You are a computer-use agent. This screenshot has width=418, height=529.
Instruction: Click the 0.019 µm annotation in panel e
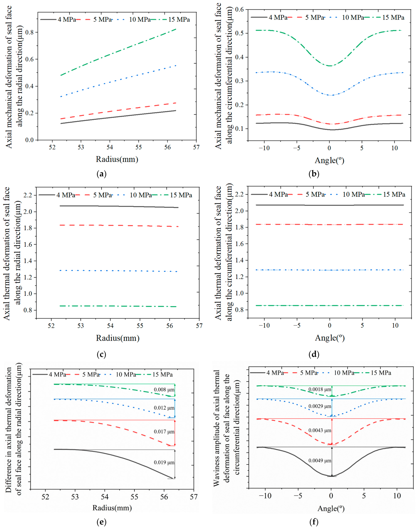tap(164, 462)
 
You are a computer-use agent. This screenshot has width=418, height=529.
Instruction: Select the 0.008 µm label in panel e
tap(164, 390)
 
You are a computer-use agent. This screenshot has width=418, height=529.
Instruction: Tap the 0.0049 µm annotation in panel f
tap(320, 461)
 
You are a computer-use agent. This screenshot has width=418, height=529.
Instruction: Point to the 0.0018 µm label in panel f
tap(320, 389)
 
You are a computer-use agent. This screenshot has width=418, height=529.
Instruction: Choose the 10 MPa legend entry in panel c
tap(132, 195)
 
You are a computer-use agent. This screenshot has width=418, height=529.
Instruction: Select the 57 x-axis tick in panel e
tap(194, 496)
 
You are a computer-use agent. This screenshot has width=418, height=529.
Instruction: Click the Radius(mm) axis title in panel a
tap(117, 159)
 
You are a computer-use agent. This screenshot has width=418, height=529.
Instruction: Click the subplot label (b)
tap(314, 174)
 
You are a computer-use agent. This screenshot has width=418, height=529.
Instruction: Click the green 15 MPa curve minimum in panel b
tap(330, 66)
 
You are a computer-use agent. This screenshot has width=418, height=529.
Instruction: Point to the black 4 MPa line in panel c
tap(119, 206)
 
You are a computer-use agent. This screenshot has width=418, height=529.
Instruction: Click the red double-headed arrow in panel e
tap(175, 433)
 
